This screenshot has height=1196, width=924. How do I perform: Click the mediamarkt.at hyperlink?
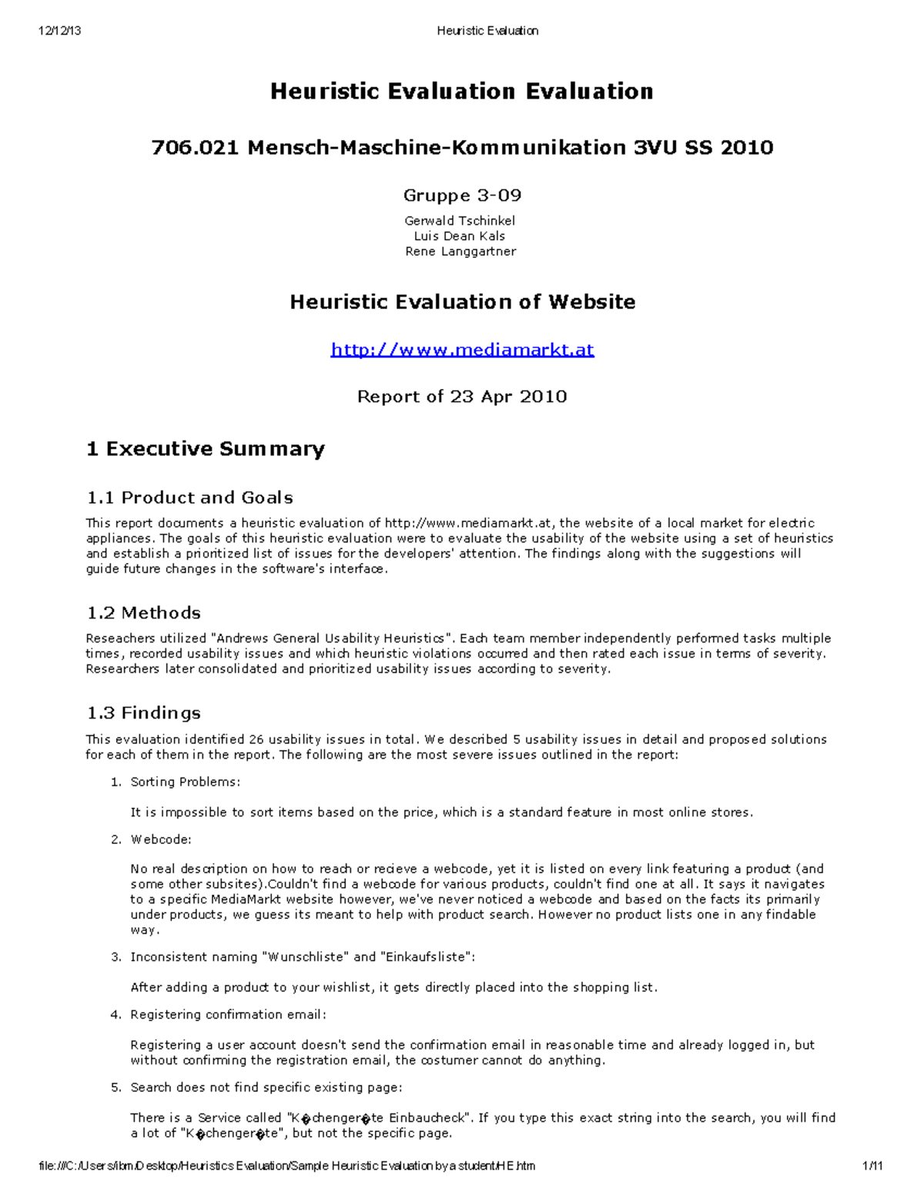pyautogui.click(x=462, y=350)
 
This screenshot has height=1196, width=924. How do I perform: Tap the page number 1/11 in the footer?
pyautogui.click(x=873, y=1166)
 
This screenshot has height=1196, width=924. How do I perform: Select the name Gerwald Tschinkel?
pyautogui.click(x=460, y=221)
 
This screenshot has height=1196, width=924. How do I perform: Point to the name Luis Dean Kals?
pyautogui.click(x=460, y=236)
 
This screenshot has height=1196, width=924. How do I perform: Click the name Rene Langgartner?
pyautogui.click(x=460, y=252)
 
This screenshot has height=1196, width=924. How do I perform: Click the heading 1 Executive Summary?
pyautogui.click(x=205, y=449)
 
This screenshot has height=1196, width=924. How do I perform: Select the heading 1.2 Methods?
pyautogui.click(x=143, y=613)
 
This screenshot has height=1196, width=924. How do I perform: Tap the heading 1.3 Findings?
pyautogui.click(x=143, y=713)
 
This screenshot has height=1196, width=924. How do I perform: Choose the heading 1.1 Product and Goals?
pyautogui.click(x=189, y=497)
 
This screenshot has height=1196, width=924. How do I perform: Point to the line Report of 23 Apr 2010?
pyautogui.click(x=462, y=397)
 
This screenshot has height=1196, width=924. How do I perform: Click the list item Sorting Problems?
pyautogui.click(x=185, y=782)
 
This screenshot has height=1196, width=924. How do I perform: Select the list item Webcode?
pyautogui.click(x=161, y=839)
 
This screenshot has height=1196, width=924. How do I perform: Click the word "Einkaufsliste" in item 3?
pyautogui.click(x=426, y=957)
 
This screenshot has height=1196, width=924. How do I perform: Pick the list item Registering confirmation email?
pyautogui.click(x=228, y=1015)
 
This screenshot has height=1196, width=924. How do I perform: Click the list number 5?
pyautogui.click(x=115, y=1087)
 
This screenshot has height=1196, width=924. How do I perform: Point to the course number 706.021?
pyautogui.click(x=196, y=147)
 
